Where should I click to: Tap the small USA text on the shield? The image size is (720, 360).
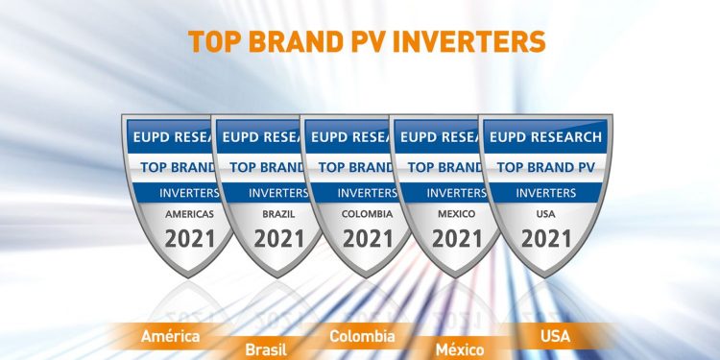(x=545, y=214)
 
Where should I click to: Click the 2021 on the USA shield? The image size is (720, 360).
(x=545, y=238)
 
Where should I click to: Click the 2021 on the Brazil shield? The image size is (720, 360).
(x=278, y=238)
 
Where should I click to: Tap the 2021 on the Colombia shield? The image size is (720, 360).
(x=368, y=238)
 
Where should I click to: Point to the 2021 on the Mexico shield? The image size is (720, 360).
(x=457, y=238)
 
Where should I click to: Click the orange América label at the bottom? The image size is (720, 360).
(x=170, y=336)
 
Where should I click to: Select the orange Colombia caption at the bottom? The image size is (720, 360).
(x=362, y=336)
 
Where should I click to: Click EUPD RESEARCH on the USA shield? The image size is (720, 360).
(x=545, y=136)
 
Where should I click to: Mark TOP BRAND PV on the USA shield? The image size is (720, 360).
(x=545, y=166)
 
